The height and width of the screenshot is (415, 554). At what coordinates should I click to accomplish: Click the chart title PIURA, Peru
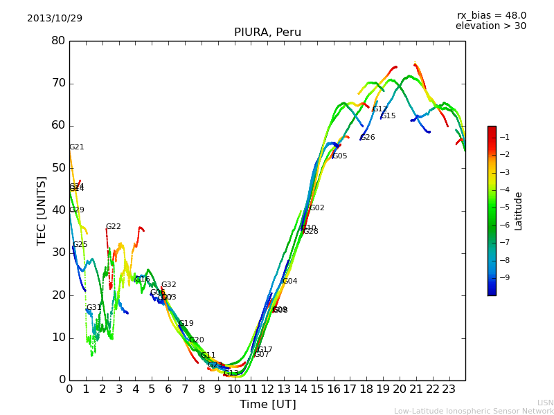coord(267,33)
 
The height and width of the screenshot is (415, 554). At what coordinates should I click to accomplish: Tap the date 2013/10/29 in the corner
coord(55,18)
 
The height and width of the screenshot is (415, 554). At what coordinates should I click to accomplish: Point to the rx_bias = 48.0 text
coord(491,15)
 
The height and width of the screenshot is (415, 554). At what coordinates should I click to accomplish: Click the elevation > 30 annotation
coord(490,26)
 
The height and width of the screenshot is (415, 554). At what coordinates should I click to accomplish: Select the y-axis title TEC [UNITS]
coord(42,210)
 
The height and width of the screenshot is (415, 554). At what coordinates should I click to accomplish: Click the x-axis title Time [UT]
coord(267,404)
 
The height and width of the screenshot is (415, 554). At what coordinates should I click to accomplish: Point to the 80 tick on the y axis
coord(58,41)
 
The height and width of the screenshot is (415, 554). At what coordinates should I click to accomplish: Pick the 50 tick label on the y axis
coord(58,168)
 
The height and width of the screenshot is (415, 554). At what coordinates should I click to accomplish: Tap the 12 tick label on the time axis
coord(267,389)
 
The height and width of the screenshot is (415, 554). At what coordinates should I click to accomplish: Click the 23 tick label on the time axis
coord(449,389)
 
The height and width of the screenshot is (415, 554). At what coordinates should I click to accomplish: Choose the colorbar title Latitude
coord(519,211)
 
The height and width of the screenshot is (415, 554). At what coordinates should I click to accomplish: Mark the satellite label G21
coord(76,147)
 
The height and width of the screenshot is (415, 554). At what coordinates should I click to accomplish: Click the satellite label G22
coord(113,227)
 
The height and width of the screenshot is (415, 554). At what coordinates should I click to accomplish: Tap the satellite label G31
coord(93,308)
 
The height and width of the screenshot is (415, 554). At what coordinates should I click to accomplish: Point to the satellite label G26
coord(367,138)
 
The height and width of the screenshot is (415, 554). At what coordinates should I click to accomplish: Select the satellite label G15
coord(388,116)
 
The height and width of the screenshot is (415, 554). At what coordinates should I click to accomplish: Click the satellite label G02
coord(316,208)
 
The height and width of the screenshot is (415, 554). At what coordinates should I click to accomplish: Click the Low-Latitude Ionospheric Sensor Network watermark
coord(473,411)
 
